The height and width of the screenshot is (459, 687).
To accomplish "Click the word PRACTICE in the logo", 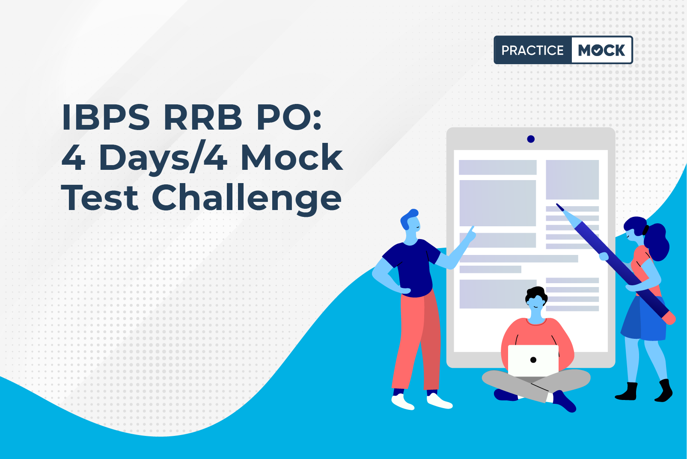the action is [532, 50].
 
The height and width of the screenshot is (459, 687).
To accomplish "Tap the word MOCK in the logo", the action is [601, 50].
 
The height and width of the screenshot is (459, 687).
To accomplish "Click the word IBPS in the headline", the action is [106, 118].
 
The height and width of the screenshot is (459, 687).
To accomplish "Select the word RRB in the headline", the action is [203, 118].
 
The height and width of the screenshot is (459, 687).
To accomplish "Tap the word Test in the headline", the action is [100, 198].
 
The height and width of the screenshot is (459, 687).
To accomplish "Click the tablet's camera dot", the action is [531, 139].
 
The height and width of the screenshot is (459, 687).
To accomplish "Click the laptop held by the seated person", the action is [533, 360].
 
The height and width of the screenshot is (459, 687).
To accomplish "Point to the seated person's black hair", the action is [536, 294].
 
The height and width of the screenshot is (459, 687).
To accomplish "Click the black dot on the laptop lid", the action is [533, 360].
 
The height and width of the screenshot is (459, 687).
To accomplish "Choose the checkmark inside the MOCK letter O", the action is [597, 50].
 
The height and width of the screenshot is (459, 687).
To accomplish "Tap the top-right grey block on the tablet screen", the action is [572, 180].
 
